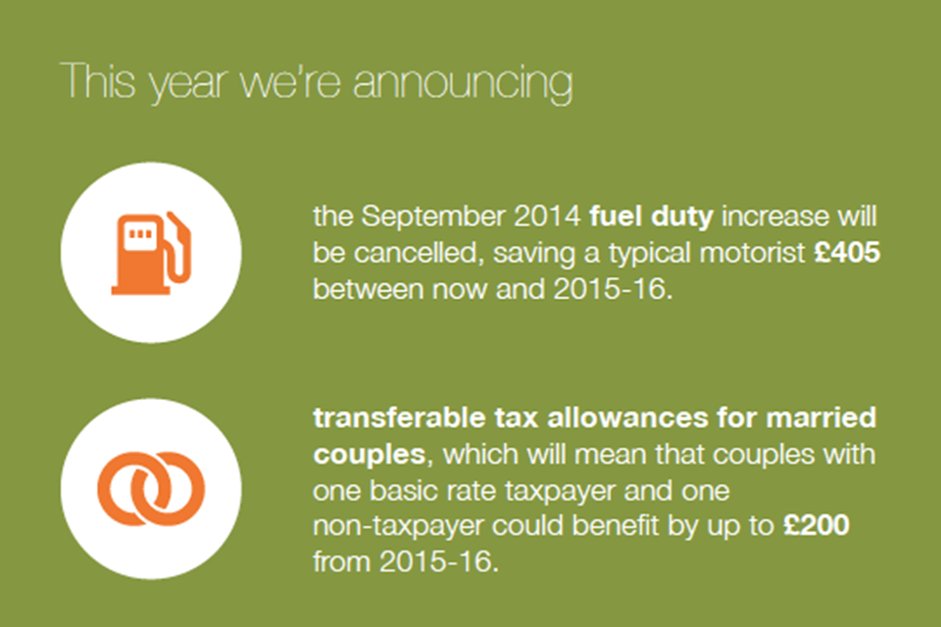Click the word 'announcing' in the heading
coord(463,84)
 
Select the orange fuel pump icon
coord(151,253)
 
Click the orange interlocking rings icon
coord(151,489)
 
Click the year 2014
coord(547,216)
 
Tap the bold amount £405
coord(847,252)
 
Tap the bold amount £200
coord(817,525)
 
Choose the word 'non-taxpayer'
coord(398,527)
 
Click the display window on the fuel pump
coord(140,233)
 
